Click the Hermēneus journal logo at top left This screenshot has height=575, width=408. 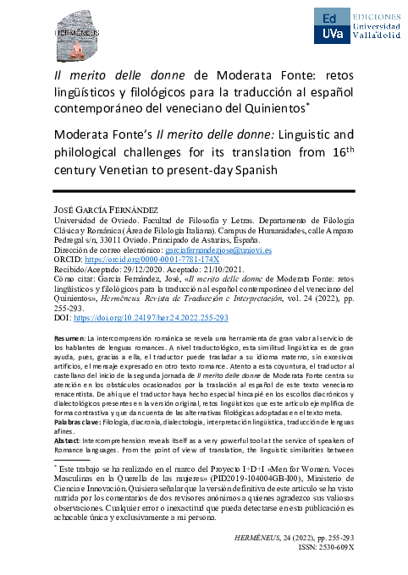(x=75, y=33)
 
